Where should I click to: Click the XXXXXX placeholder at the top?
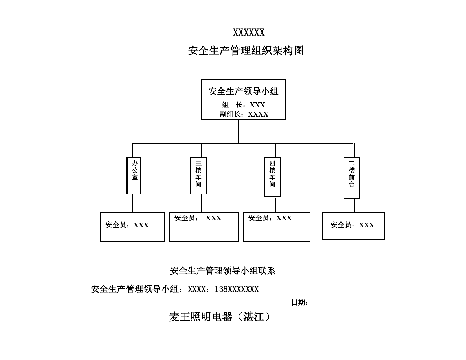tap(249, 32)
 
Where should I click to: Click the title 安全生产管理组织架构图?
tap(246, 51)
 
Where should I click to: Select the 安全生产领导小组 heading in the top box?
tap(243, 91)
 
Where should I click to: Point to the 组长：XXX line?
tap(243, 105)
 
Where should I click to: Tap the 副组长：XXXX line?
tap(244, 114)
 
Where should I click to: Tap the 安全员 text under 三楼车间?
tap(198, 218)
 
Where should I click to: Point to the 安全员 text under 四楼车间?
tap(270, 218)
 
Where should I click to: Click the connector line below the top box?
tap(238, 131)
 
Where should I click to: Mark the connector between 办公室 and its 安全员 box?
tap(132, 203)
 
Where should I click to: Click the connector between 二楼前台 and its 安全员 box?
tap(355, 205)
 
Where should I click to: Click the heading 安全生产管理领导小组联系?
tap(223, 271)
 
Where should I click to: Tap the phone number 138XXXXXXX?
tap(237, 289)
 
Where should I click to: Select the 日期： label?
tap(299, 302)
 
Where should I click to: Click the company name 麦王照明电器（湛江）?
tap(220, 317)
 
